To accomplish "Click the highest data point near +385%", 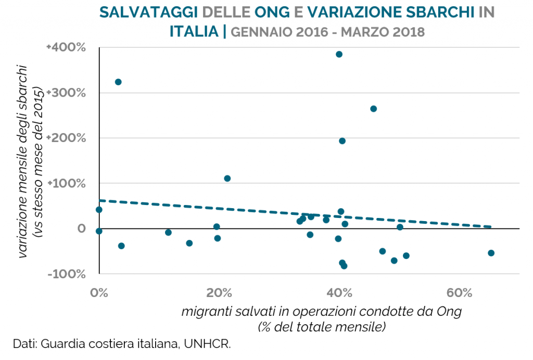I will click(x=339, y=54).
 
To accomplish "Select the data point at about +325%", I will click(x=118, y=82).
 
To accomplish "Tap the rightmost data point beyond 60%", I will click(x=491, y=253).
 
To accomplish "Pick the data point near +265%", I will click(x=373, y=109).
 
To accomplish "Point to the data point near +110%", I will click(x=227, y=178).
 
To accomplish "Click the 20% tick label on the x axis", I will click(x=219, y=293).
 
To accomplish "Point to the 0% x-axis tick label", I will click(x=99, y=293).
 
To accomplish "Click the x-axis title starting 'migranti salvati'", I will click(x=322, y=312).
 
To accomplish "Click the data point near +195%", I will click(x=342, y=140).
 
